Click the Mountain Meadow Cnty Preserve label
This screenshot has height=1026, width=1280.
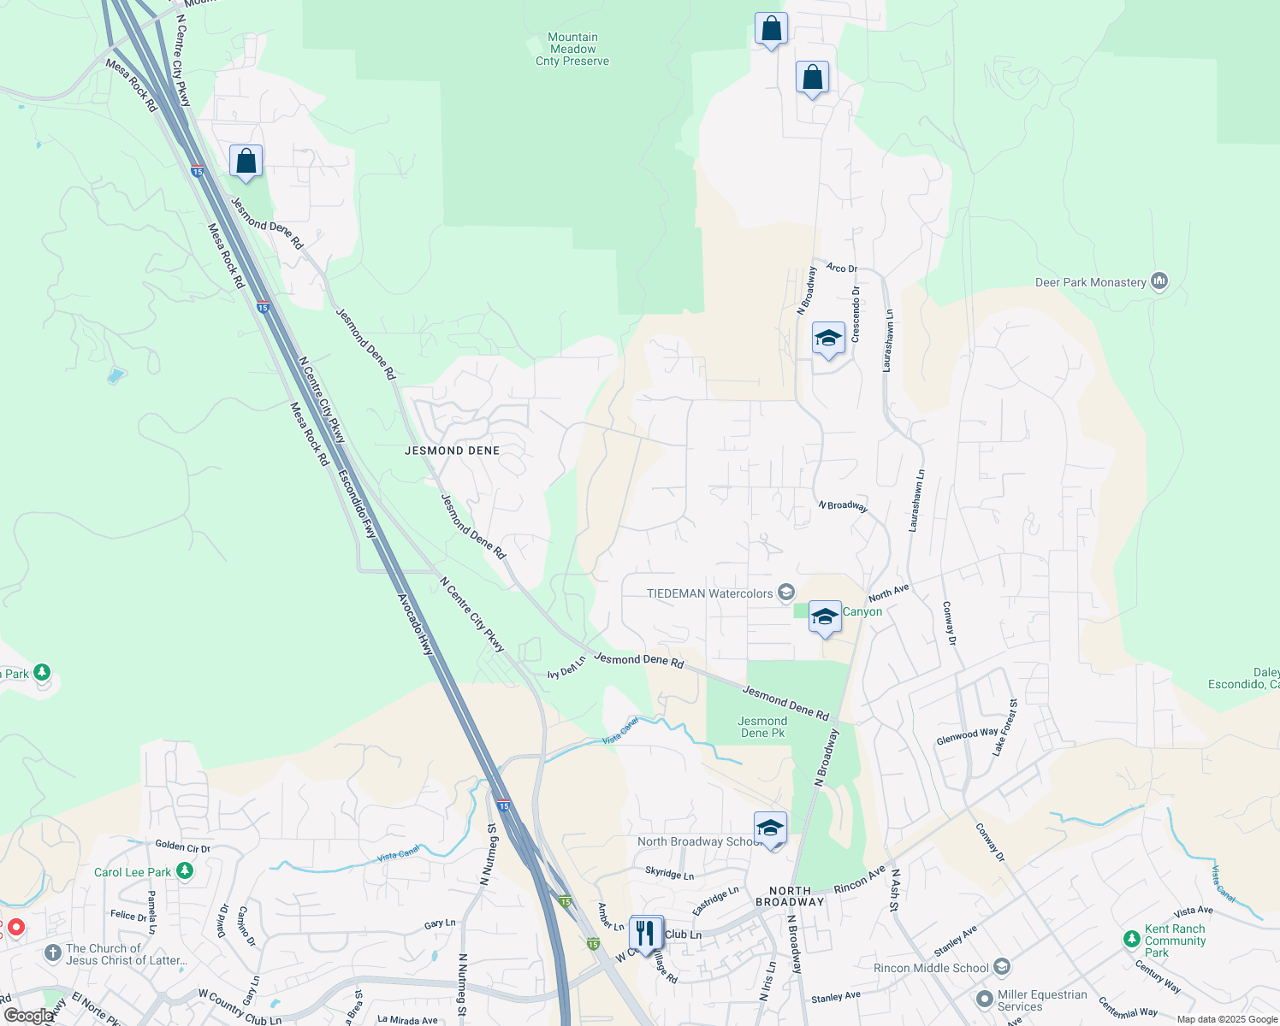pyautogui.click(x=572, y=49)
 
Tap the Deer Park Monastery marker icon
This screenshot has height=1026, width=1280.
pyautogui.click(x=1159, y=281)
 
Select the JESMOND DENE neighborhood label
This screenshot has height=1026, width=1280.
pyautogui.click(x=452, y=451)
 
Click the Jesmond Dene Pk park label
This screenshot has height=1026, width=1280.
pyautogui.click(x=762, y=727)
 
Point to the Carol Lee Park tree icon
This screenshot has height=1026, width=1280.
pyautogui.click(x=185, y=871)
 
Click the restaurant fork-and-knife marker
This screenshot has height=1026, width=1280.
pyautogui.click(x=646, y=933)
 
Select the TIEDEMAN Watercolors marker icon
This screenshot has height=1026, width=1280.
pyautogui.click(x=786, y=593)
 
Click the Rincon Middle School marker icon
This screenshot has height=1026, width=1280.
pyautogui.click(x=1002, y=967)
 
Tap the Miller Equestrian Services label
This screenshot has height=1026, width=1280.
pyautogui.click(x=1042, y=1000)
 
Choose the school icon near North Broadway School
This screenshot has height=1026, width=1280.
pyautogui.click(x=770, y=828)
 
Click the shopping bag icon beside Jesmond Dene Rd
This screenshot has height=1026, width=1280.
pyautogui.click(x=246, y=162)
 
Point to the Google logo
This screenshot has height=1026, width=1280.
pyautogui.click(x=28, y=1015)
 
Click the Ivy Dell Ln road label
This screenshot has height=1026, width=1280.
pyautogui.click(x=566, y=668)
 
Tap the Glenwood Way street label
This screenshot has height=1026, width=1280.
pyautogui.click(x=967, y=735)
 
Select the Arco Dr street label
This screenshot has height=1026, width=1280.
pyautogui.click(x=841, y=268)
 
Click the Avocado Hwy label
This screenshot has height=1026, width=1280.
pyautogui.click(x=416, y=624)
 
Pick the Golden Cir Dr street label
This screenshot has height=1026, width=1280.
pyautogui.click(x=182, y=846)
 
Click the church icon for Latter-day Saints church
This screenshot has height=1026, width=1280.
pyautogui.click(x=53, y=952)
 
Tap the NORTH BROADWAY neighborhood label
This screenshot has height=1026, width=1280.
pyautogui.click(x=790, y=896)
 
